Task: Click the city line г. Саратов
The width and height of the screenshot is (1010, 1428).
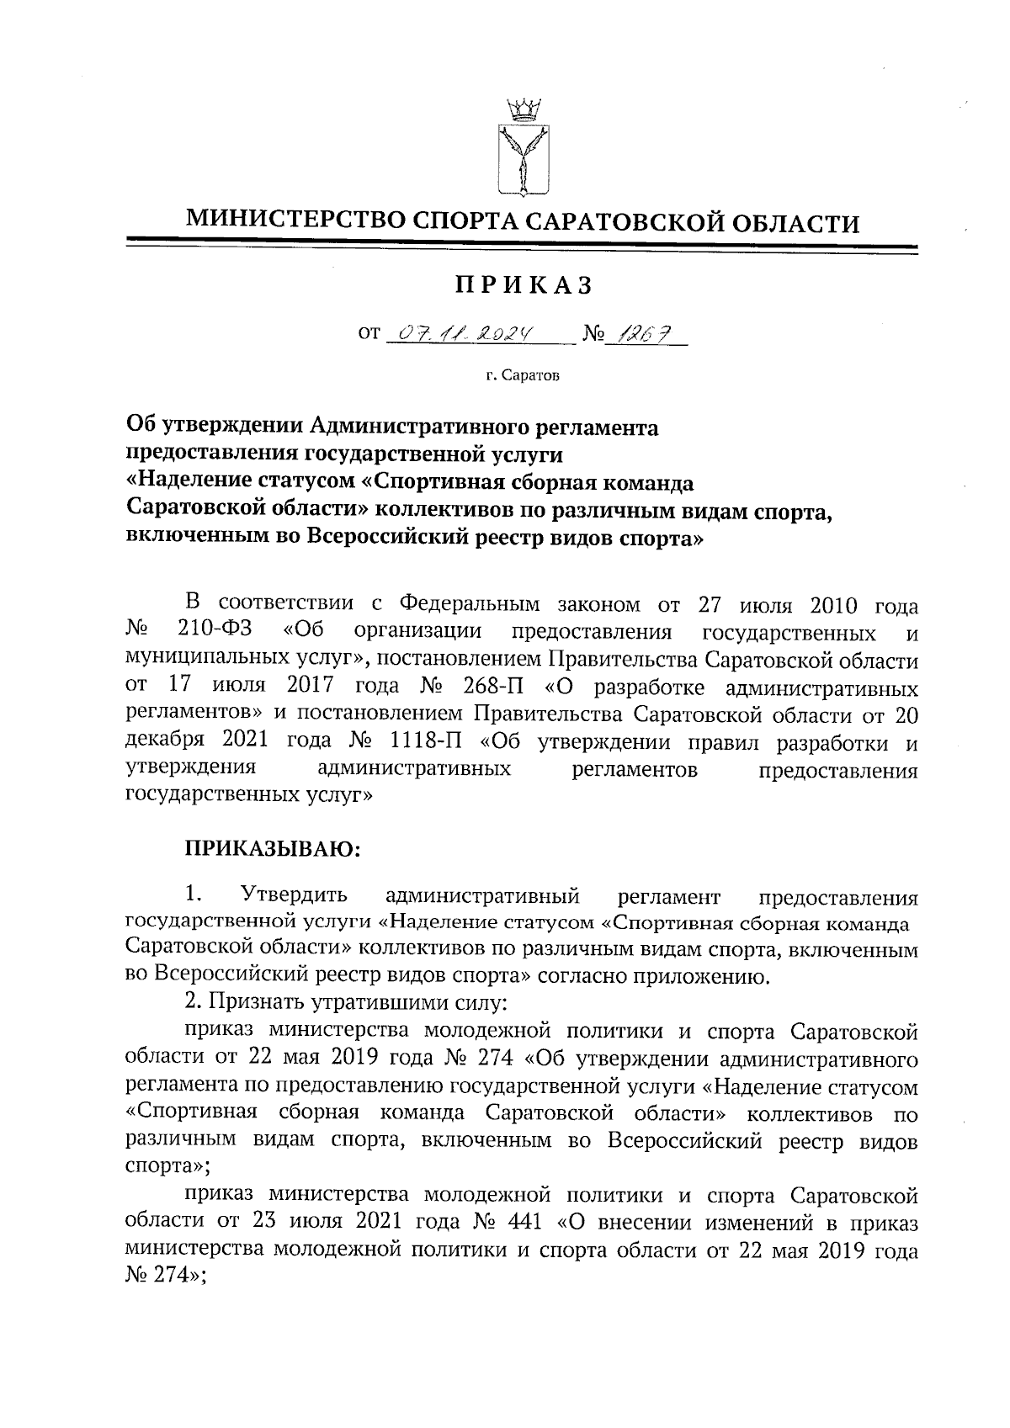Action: [x=522, y=375]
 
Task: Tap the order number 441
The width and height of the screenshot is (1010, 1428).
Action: [x=524, y=1221]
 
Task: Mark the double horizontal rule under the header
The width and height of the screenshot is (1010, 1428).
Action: [x=522, y=247]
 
